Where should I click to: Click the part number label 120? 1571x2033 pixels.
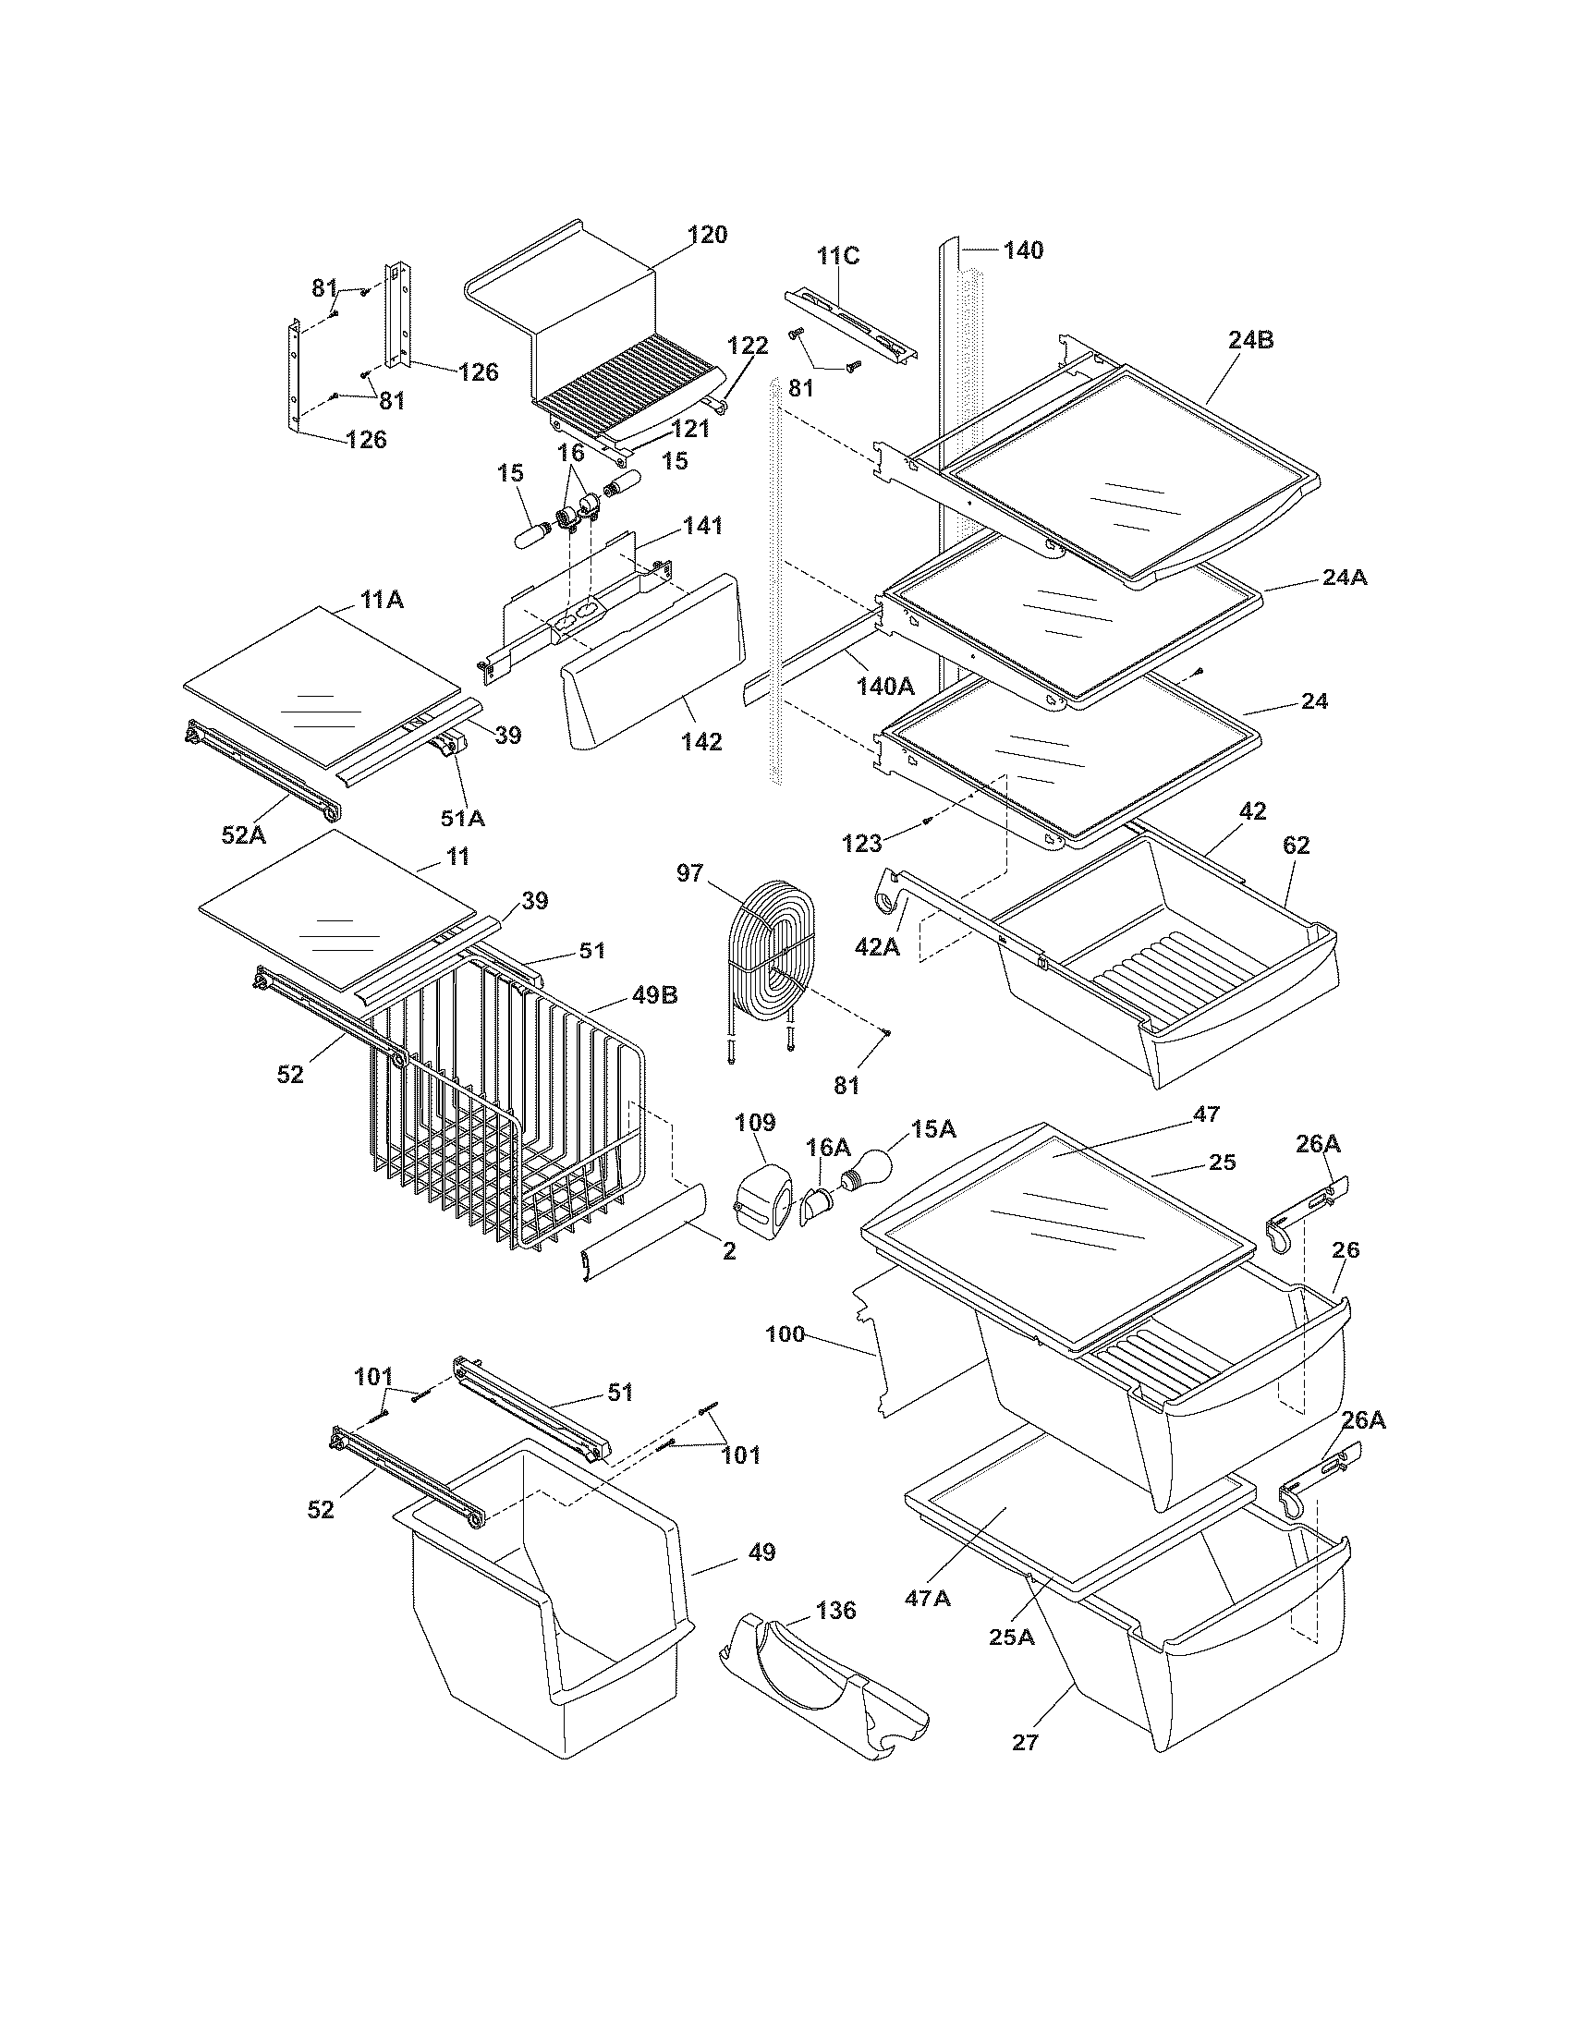click(x=707, y=235)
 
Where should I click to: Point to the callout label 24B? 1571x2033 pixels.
click(x=1250, y=340)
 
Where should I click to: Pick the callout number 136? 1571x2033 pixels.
click(x=834, y=1610)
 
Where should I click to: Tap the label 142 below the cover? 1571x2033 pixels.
click(x=700, y=741)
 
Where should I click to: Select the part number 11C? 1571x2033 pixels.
click(x=838, y=255)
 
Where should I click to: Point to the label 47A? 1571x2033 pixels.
click(x=927, y=1598)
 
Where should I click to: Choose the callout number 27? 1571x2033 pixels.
click(x=1025, y=1742)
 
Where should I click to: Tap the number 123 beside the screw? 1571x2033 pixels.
click(x=861, y=844)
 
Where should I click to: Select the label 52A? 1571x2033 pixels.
click(x=243, y=834)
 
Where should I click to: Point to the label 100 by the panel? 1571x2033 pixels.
click(x=785, y=1333)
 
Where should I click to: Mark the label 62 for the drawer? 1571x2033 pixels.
click(x=1296, y=845)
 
